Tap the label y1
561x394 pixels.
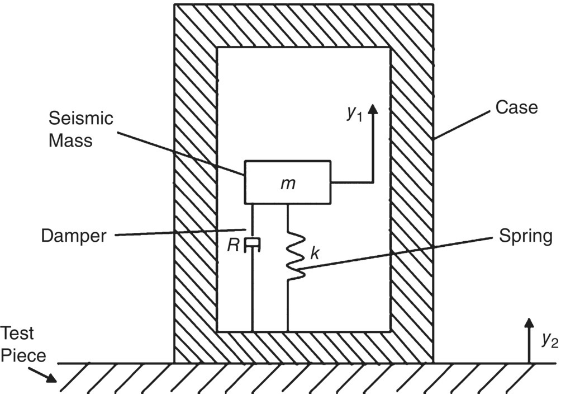(x=354, y=114)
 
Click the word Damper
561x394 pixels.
(x=74, y=236)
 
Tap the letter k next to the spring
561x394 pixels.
(x=315, y=254)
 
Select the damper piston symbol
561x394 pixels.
(x=254, y=242)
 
